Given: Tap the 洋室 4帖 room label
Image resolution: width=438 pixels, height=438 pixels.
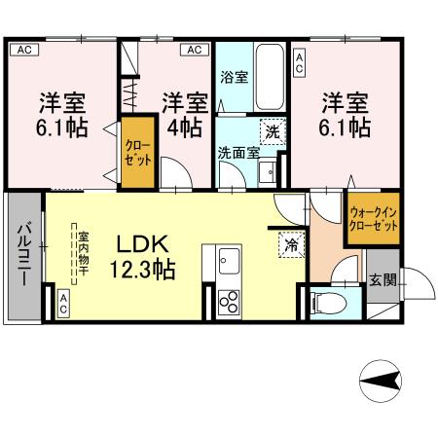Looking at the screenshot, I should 183,115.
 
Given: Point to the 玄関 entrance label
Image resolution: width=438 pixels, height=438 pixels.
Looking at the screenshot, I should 383,280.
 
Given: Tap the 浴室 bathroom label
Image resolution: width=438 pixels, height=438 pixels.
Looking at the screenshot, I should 234,77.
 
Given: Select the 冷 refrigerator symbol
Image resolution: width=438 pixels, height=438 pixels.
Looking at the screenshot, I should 290,245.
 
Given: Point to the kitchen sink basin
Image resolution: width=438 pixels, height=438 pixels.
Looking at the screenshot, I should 230,261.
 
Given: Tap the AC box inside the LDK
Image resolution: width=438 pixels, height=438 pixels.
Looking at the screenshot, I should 62,302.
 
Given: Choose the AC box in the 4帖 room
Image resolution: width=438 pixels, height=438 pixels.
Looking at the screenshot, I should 193,49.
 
